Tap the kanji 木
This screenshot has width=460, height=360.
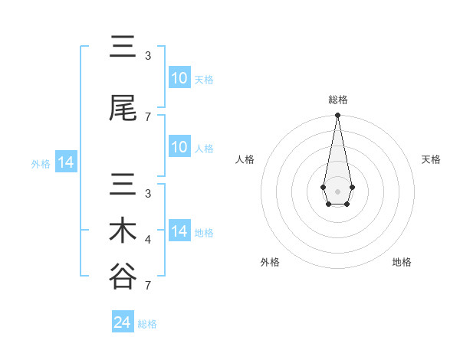tap(123, 231)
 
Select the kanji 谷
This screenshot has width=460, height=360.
tap(123, 277)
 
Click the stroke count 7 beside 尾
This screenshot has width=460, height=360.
tap(148, 117)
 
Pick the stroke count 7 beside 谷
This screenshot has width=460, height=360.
tap(148, 286)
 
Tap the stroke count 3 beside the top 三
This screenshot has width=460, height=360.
tap(148, 56)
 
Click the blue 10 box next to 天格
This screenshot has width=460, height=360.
tap(179, 78)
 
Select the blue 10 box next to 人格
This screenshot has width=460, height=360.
tap(179, 147)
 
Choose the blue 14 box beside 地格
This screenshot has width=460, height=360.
tap(179, 231)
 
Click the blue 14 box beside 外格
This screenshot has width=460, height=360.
tap(65, 162)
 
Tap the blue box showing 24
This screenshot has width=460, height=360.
tap(123, 322)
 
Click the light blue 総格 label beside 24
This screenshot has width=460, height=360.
tap(147, 324)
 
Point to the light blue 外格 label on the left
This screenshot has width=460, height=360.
tap(41, 163)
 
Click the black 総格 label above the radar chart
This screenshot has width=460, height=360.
tap(338, 100)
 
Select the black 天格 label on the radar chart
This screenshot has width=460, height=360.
tap(431, 159)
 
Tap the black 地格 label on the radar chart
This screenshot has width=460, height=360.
tap(402, 262)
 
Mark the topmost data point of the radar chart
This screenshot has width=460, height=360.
tap(337, 116)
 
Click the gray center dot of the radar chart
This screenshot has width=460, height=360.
tap(337, 190)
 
